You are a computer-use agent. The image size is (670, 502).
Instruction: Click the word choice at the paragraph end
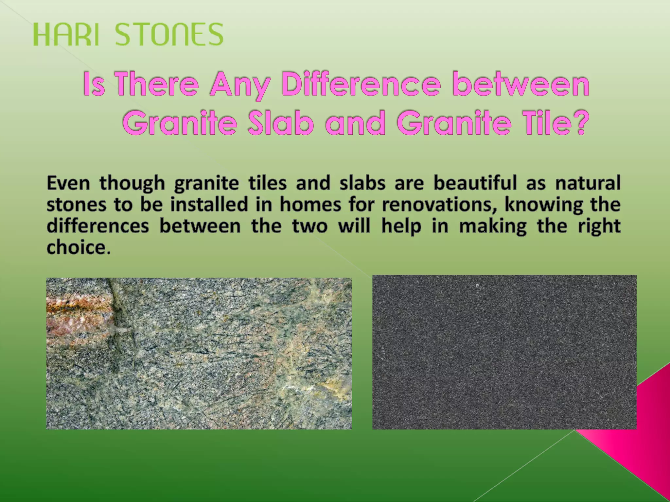coord(76,248)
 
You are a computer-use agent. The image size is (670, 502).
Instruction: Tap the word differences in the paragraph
coord(98,226)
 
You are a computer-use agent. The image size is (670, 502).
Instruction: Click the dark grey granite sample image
coord(504,352)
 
